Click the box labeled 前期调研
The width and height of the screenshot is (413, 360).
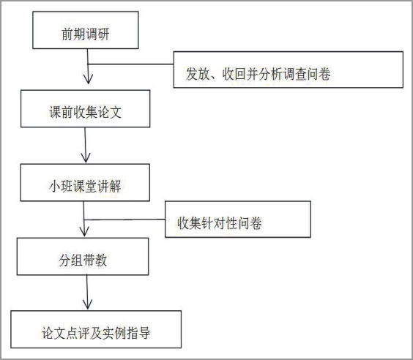click(x=86, y=30)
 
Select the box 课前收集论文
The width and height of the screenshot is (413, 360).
click(x=86, y=109)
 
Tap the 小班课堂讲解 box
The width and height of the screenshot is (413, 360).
click(x=85, y=183)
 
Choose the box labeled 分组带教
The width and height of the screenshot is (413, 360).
click(x=83, y=257)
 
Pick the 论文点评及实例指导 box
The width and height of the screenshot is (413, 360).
click(x=96, y=329)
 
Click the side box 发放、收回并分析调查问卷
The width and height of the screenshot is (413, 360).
click(x=289, y=70)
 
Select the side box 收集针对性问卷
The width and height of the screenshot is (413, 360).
click(x=238, y=220)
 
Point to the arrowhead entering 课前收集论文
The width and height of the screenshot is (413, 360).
click(x=88, y=80)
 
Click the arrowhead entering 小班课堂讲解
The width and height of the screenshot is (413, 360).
click(x=86, y=159)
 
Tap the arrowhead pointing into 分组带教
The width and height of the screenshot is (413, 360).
click(x=84, y=232)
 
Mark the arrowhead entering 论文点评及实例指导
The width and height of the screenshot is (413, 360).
click(x=87, y=304)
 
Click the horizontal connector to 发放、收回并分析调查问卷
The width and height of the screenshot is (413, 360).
click(x=130, y=64)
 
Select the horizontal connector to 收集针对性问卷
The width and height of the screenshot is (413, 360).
click(x=124, y=220)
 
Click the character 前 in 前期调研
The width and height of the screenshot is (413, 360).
click(x=67, y=34)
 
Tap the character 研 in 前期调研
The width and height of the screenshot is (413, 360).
click(x=103, y=34)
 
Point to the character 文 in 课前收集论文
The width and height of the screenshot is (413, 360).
click(x=116, y=113)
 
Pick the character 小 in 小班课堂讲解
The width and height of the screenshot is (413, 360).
click(x=55, y=187)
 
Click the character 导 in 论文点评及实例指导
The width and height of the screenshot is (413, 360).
click(x=144, y=333)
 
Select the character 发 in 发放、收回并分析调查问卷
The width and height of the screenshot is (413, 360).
click(x=192, y=74)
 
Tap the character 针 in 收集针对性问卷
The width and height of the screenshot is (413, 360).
click(x=207, y=223)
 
